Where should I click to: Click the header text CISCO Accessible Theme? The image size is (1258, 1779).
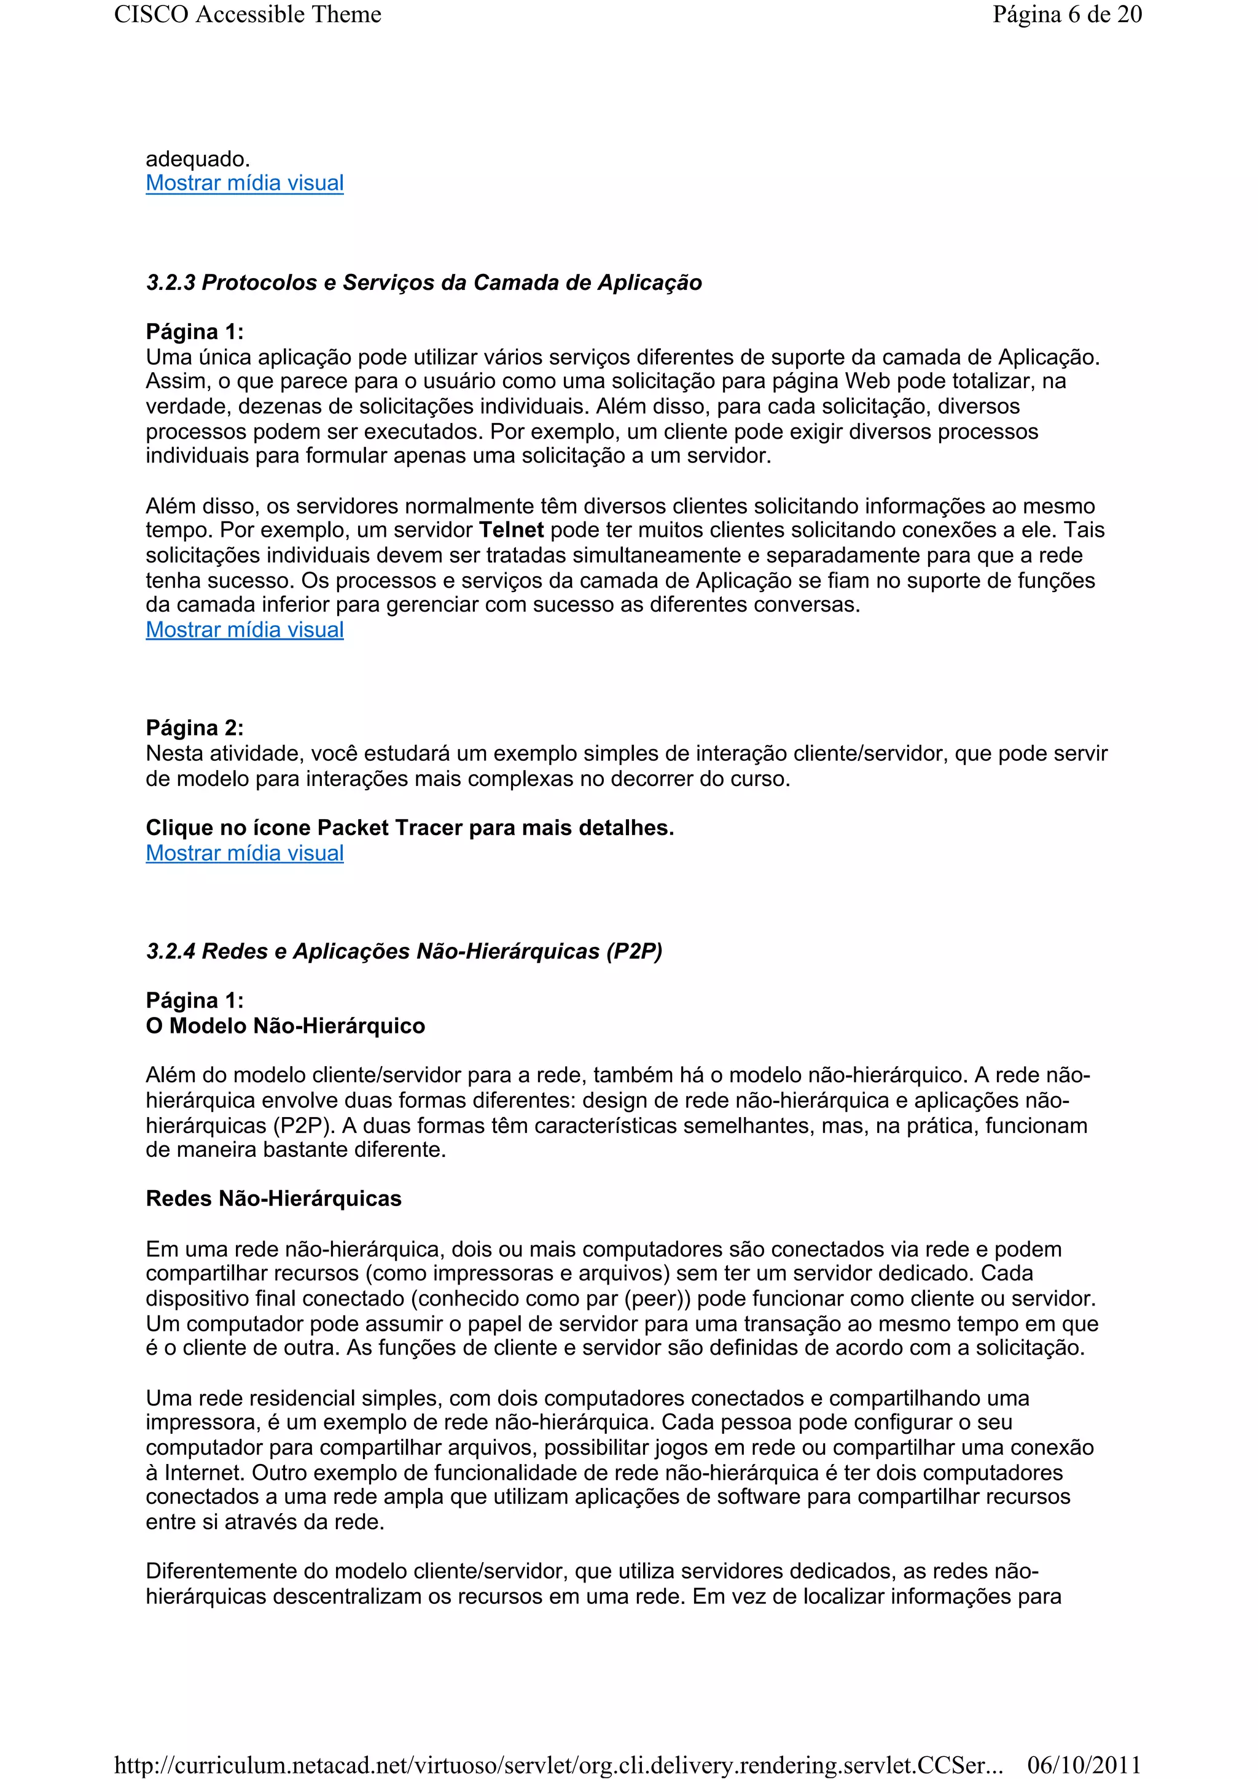coord(248,15)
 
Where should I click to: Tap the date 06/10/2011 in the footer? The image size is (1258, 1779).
coord(1084,1764)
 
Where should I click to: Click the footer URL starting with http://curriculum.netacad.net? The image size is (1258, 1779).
coord(558,1764)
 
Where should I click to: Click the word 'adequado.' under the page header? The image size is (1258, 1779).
coord(198,159)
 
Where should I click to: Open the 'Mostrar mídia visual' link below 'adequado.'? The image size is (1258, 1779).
coord(244,183)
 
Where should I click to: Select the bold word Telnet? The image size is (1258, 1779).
coord(512,530)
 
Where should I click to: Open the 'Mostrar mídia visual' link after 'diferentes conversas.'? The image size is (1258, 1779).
coord(244,630)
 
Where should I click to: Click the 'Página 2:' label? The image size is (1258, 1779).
coord(195,728)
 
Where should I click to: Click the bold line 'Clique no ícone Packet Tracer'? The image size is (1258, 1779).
coord(409,828)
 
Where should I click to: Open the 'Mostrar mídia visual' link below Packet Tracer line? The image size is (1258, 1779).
coord(244,853)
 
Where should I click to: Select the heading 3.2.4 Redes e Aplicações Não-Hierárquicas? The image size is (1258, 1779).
coord(404,951)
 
